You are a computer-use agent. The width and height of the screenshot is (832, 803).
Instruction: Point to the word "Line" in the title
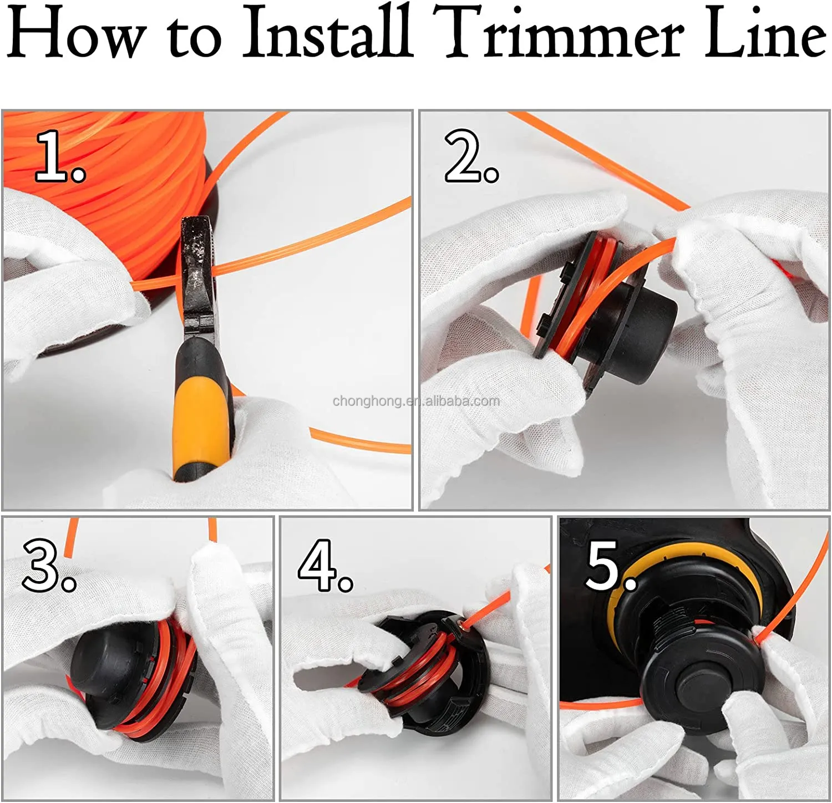pos(766,32)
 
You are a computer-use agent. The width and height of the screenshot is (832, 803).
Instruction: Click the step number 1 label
pos(60,156)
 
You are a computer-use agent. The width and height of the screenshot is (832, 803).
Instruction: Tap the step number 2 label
pos(471,156)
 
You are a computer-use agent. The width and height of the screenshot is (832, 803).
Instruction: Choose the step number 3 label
pos(49,566)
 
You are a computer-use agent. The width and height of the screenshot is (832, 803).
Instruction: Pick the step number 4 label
pos(325,566)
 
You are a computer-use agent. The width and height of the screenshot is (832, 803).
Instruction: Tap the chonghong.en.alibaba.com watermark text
pos(416,401)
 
